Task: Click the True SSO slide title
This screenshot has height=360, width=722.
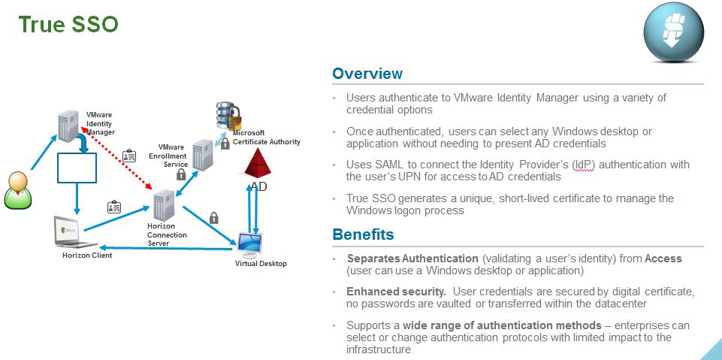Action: pyautogui.click(x=68, y=24)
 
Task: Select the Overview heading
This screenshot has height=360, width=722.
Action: pyautogui.click(x=367, y=74)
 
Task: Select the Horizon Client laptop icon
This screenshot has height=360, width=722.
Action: pyautogui.click(x=75, y=232)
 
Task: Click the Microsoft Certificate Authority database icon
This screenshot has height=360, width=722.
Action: pyautogui.click(x=227, y=116)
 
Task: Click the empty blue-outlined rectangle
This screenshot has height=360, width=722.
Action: pyautogui.click(x=77, y=168)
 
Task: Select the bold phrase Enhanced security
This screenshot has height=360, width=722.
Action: pyautogui.click(x=396, y=291)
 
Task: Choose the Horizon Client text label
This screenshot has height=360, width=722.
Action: pyautogui.click(x=87, y=256)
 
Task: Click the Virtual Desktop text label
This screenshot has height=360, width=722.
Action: pyautogui.click(x=261, y=264)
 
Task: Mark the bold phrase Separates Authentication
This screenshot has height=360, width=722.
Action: pyautogui.click(x=412, y=258)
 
